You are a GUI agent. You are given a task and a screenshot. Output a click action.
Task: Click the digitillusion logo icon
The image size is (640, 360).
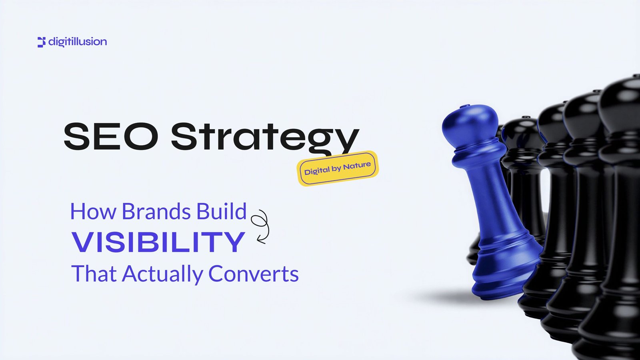(x=42, y=42)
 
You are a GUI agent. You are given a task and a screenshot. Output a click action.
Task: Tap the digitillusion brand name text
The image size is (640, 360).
(x=78, y=42)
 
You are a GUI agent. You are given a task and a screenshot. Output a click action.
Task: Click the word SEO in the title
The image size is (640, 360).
(x=111, y=136)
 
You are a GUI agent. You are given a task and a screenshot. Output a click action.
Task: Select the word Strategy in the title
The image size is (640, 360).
(x=265, y=138)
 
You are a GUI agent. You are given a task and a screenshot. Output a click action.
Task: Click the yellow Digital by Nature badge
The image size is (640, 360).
(x=338, y=168)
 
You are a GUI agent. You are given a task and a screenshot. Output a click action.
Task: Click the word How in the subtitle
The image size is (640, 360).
(x=93, y=211)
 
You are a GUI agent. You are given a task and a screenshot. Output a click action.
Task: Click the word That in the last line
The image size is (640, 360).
(x=94, y=274)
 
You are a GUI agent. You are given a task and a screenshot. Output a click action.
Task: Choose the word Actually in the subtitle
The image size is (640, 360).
(x=162, y=274)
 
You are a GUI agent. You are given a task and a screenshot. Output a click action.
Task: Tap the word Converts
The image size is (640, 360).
(x=254, y=274)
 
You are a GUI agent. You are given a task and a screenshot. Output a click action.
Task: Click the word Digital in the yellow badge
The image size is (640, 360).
(x=317, y=171)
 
